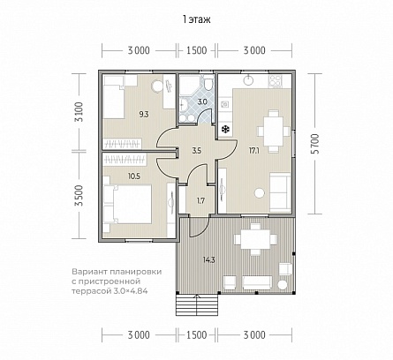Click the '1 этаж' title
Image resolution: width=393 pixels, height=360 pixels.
(x=196, y=19)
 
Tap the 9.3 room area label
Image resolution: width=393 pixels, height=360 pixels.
(x=144, y=115)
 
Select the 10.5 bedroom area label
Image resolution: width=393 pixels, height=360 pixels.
(x=134, y=176)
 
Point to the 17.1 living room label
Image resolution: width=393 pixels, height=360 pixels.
(x=253, y=151)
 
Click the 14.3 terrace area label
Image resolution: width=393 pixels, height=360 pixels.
(x=209, y=260)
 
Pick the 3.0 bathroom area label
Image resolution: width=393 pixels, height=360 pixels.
(x=202, y=102)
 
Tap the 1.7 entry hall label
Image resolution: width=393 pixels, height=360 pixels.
(x=200, y=201)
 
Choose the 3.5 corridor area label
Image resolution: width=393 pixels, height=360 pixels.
(x=196, y=151)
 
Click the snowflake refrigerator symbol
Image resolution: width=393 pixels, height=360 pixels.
(x=225, y=129)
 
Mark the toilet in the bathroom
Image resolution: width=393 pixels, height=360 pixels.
(x=208, y=83)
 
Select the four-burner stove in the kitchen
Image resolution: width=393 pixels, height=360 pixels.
(x=276, y=81)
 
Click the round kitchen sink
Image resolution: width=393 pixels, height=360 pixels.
(x=249, y=79)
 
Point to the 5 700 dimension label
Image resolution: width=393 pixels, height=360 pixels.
(x=315, y=144)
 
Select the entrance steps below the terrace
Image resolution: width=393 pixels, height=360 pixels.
(x=197, y=304)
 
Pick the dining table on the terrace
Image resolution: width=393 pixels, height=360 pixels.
(x=255, y=239)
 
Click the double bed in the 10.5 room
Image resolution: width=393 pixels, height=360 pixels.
(x=127, y=205)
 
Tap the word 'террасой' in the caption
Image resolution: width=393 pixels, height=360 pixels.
(x=90, y=291)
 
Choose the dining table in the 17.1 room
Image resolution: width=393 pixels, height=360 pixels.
(x=274, y=131)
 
